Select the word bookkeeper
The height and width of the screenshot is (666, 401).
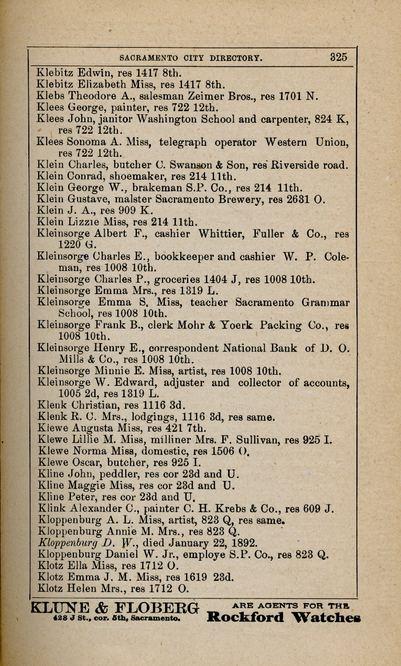point(174,257)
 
